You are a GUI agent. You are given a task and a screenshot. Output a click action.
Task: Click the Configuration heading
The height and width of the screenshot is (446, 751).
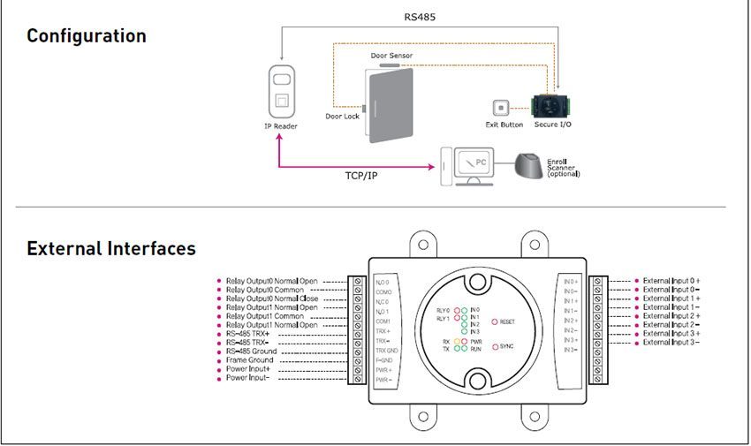[x=86, y=36]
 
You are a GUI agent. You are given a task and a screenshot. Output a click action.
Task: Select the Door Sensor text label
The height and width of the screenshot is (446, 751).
[x=391, y=56]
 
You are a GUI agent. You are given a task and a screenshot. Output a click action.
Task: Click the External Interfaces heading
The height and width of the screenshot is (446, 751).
[x=111, y=248]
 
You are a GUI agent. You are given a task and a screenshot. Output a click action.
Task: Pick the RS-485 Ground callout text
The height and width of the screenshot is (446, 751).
[x=251, y=352]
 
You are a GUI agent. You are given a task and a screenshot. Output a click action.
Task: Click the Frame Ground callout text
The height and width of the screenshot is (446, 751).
[x=249, y=360]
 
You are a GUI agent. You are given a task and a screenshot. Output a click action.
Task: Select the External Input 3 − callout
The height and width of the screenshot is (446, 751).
[x=671, y=342]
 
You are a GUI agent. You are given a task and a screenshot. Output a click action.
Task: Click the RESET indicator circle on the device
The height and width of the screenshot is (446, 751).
[x=495, y=322]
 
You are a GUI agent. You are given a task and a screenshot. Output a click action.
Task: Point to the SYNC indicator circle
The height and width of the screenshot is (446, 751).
[x=495, y=346]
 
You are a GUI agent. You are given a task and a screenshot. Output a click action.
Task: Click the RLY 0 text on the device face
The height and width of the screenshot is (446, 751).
[x=443, y=311]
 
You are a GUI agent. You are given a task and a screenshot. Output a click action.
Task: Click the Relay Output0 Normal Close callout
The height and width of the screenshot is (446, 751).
[x=271, y=299]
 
